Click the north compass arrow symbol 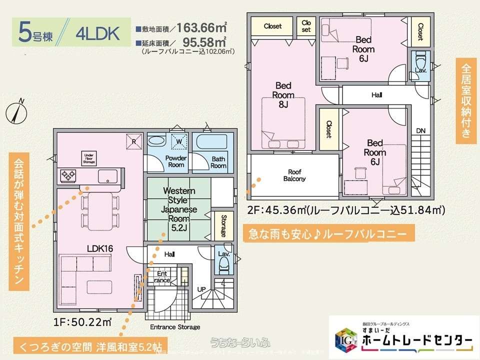click(15, 111)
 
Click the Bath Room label click(218, 162)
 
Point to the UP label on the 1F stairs click(201, 289)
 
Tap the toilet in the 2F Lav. click(420, 60)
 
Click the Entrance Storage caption click(174, 327)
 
